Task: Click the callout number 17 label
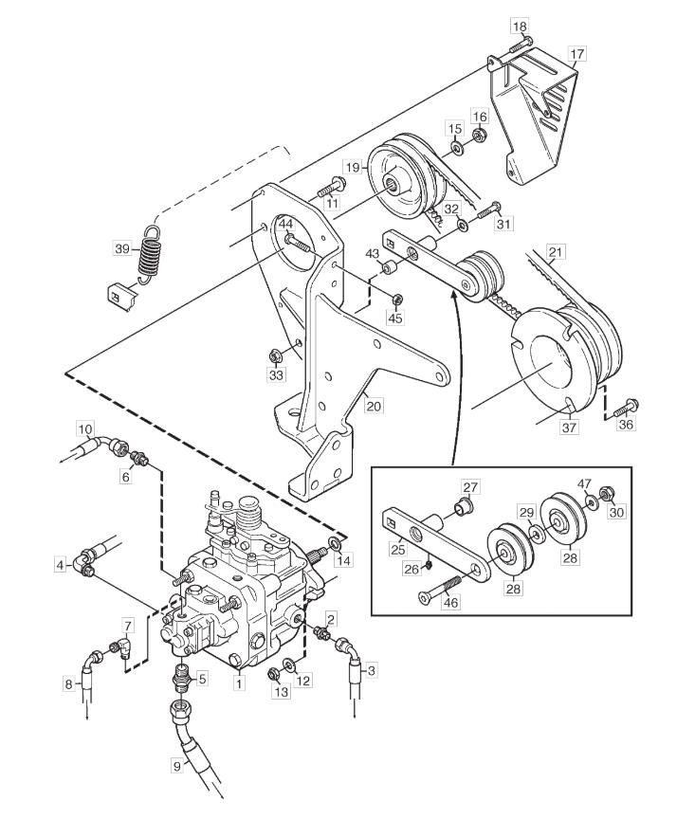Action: tap(576, 54)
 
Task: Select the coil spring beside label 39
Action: tap(149, 255)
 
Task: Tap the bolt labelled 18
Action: tap(521, 44)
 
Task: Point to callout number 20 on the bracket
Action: tap(375, 405)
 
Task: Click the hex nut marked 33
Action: tap(274, 356)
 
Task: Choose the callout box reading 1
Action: tap(239, 682)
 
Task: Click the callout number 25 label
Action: tap(397, 549)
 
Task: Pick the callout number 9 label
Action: tap(177, 766)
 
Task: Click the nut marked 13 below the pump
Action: tap(273, 673)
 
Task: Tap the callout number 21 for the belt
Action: tap(556, 253)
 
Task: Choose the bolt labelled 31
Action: tap(488, 210)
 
